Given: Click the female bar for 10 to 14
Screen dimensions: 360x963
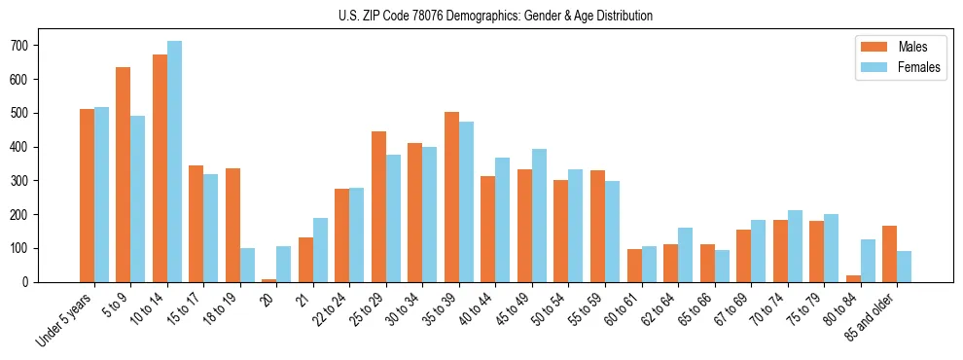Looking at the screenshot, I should (174, 162).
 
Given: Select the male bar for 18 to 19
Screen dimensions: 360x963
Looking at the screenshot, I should (232, 226).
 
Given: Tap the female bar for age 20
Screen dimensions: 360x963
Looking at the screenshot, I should (284, 265).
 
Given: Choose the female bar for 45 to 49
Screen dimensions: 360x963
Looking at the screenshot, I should (539, 216).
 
